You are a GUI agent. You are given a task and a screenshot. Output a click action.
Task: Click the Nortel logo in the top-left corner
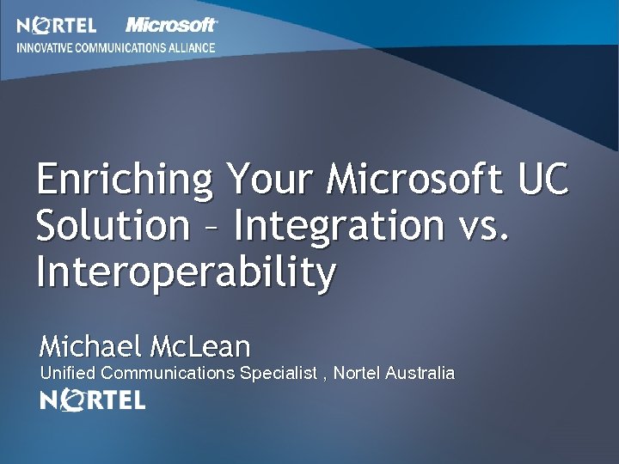57,25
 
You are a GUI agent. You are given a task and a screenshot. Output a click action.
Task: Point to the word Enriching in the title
126,181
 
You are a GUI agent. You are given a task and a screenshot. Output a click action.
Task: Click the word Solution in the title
112,226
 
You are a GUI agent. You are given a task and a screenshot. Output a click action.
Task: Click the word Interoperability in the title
186,274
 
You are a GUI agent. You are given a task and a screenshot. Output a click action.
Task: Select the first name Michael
91,346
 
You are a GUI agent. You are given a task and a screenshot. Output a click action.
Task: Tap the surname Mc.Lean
199,346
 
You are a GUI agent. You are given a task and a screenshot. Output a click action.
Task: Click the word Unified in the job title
69,373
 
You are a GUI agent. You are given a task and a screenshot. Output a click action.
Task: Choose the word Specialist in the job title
278,373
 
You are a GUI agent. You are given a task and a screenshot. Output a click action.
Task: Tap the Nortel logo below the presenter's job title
93,400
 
